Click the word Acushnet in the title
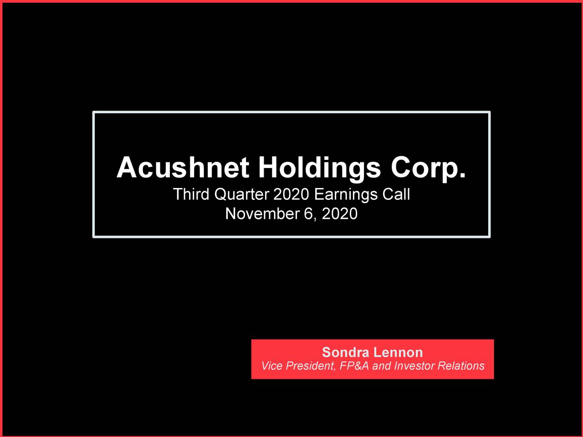tap(182, 168)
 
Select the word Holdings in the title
tap(319, 168)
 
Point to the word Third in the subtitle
tap(191, 194)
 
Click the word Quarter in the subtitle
tap(241, 194)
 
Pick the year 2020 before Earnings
tap(291, 194)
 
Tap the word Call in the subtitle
tap(396, 194)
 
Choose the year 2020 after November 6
tap(339, 213)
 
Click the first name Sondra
tap(345, 352)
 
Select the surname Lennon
tap(398, 352)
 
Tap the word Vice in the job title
tap(271, 366)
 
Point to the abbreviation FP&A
tap(354, 366)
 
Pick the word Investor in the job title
tap(414, 366)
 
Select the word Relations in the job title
tap(461, 366)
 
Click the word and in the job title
tap(382, 366)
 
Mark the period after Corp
tap(463, 176)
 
